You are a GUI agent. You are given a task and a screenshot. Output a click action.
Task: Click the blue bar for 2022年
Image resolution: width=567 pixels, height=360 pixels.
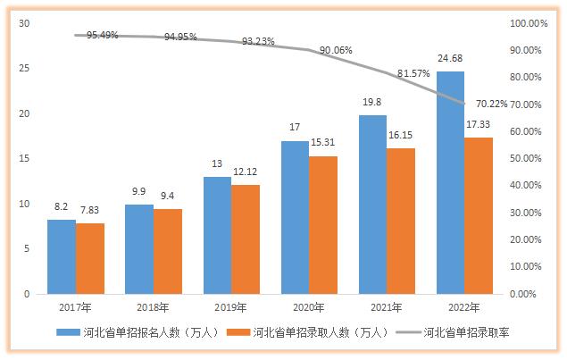[x=450, y=182]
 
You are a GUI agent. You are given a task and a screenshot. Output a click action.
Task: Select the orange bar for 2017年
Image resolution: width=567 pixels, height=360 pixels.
[x=89, y=258]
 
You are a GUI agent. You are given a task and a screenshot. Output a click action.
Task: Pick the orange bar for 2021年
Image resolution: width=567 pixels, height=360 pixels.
[x=401, y=221]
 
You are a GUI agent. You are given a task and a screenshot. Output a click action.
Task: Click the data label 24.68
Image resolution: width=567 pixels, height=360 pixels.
[x=450, y=60]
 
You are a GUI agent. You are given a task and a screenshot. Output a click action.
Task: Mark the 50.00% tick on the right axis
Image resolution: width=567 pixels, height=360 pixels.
[x=521, y=158]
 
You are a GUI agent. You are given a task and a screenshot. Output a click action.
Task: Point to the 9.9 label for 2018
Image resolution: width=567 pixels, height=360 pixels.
[x=139, y=193]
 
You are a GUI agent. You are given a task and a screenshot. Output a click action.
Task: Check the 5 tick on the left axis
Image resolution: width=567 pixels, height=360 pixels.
[x=27, y=248]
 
